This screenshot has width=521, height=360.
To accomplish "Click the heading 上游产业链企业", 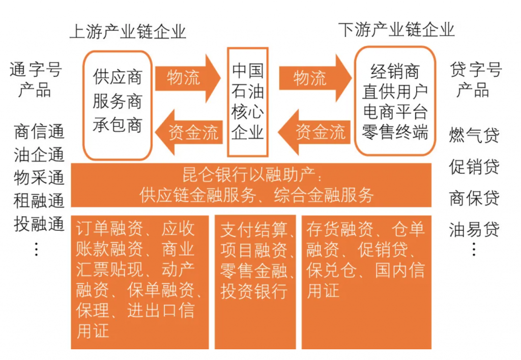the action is click(128, 32).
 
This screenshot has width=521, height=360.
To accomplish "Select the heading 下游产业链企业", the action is click(396, 30).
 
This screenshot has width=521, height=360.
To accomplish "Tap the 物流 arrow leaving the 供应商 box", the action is click(188, 78).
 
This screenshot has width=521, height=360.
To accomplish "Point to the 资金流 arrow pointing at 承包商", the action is click(188, 132).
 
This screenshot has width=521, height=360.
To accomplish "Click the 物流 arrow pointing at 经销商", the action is click(315, 78).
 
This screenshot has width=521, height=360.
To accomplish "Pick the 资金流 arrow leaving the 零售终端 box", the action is click(314, 132).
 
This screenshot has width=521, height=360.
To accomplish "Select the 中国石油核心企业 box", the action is click(248, 102).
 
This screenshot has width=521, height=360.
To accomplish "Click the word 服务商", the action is click(118, 101).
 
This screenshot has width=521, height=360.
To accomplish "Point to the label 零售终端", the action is click(395, 132).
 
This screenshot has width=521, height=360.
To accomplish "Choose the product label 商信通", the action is click(39, 131).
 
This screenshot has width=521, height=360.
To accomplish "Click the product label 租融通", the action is click(39, 200).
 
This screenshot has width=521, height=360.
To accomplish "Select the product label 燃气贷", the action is click(474, 135).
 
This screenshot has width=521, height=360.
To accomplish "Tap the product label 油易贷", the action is click(474, 229).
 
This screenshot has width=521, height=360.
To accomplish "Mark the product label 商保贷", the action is click(474, 198).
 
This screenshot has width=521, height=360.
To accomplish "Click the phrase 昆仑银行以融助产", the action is click(248, 174).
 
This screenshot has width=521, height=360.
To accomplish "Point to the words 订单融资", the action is click(109, 229).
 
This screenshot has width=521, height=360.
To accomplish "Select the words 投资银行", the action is click(254, 291).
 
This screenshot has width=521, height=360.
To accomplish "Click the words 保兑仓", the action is click(331, 271).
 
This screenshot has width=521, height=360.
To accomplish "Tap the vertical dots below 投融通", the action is click(36, 250).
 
